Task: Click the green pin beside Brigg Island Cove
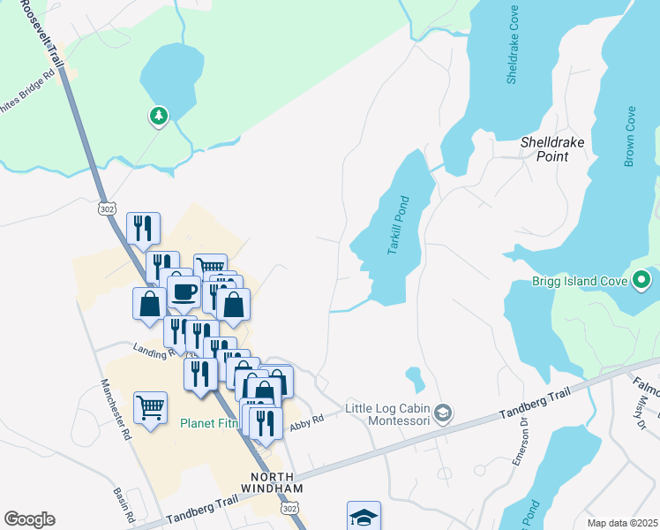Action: (x=642, y=282)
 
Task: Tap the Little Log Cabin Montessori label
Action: (x=386, y=413)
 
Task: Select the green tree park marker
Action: (x=158, y=116)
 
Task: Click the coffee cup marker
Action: (x=184, y=291)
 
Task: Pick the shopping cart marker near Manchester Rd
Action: (x=150, y=408)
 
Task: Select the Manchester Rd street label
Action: (x=116, y=410)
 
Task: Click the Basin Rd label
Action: (x=124, y=503)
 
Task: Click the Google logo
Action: (x=29, y=519)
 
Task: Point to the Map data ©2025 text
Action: (x=622, y=523)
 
